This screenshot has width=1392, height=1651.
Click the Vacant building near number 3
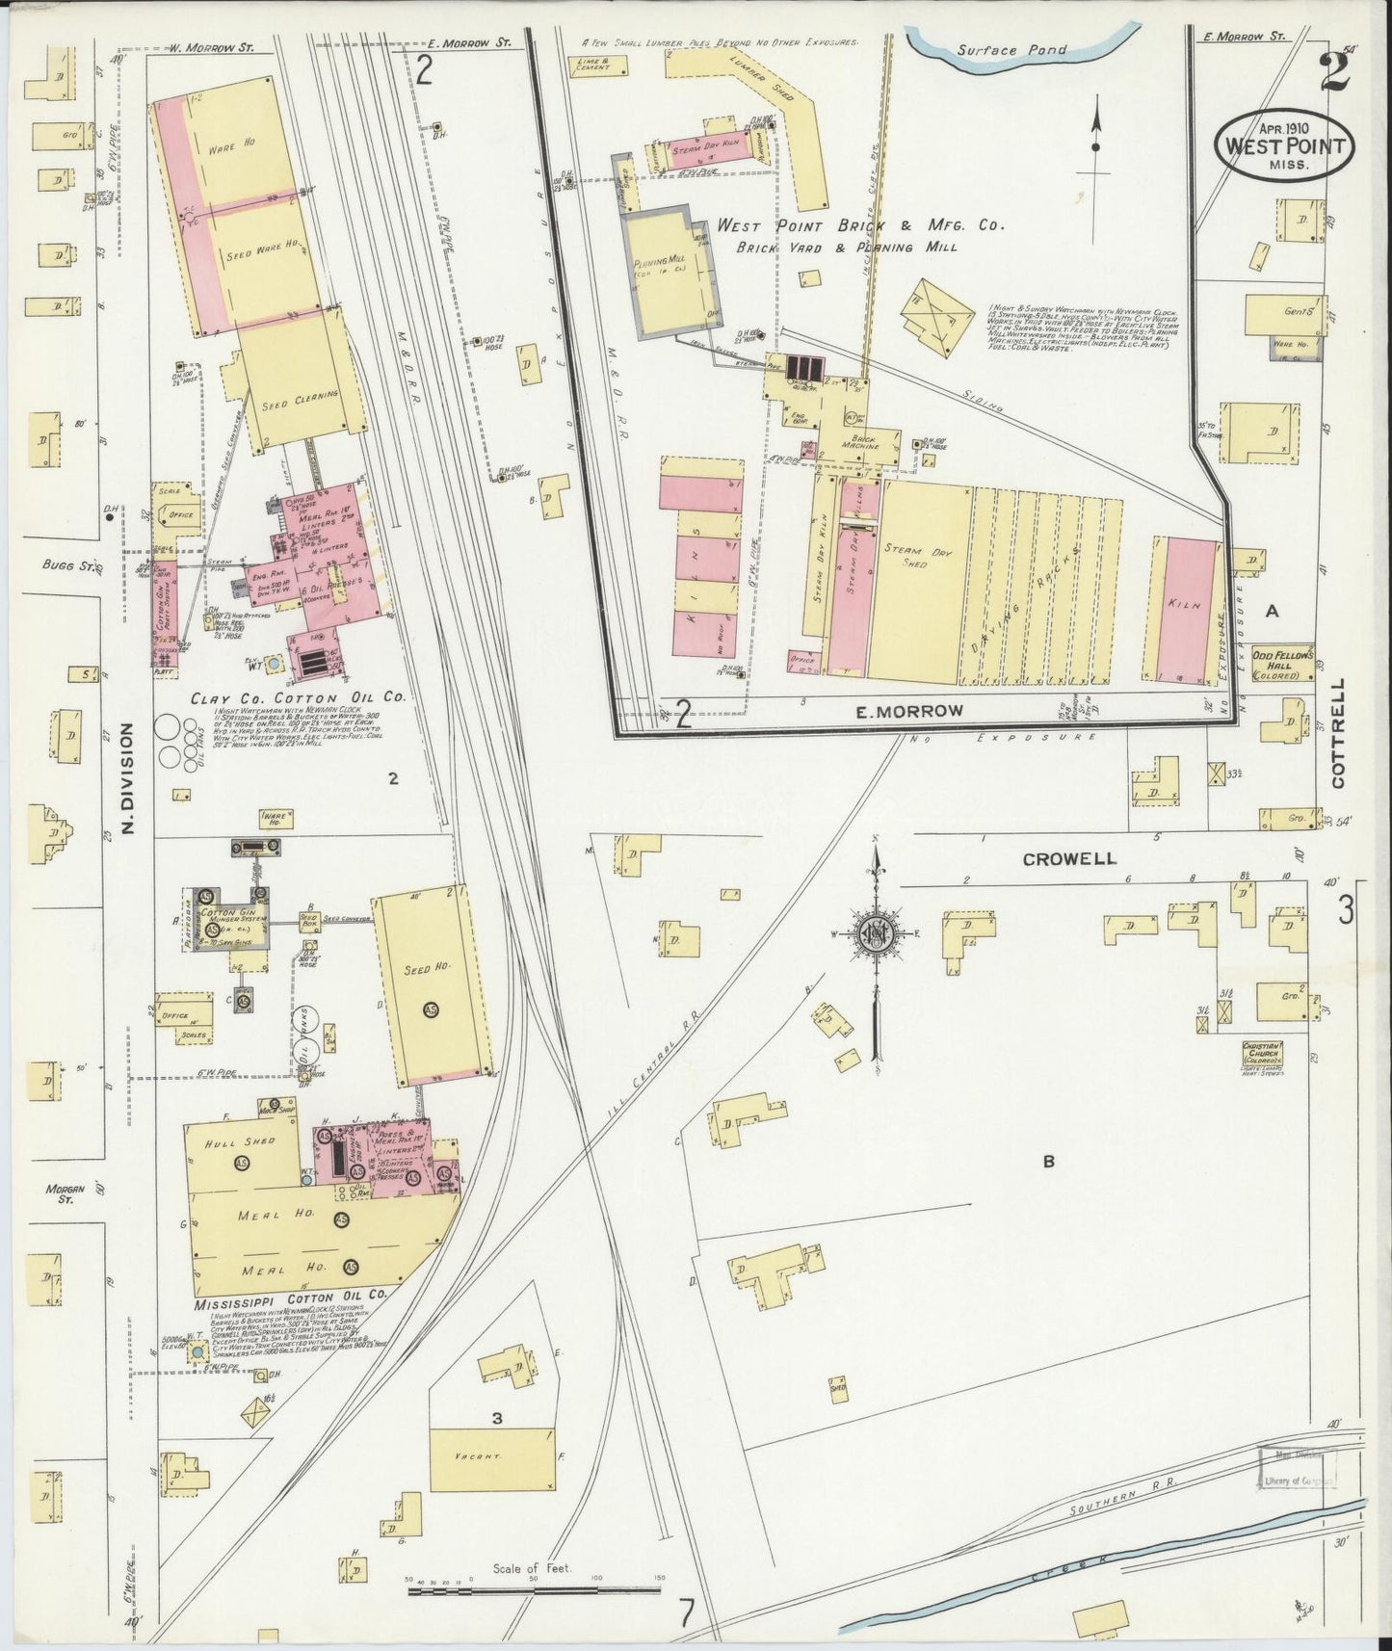click(x=492, y=1460)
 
